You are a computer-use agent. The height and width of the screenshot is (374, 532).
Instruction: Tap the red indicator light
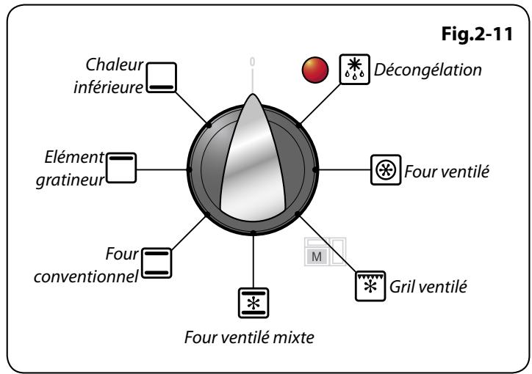(x=314, y=72)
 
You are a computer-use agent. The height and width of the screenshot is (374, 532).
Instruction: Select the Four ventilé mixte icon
(x=253, y=301)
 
